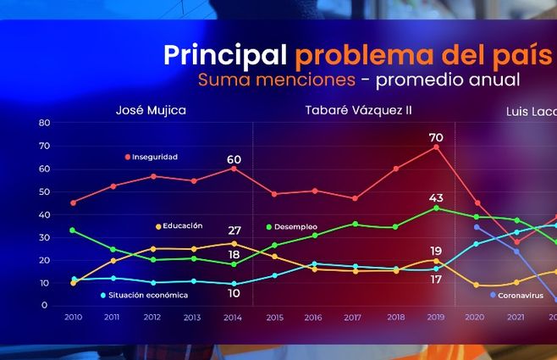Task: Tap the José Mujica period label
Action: tap(151, 110)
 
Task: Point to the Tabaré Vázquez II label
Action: tap(351, 110)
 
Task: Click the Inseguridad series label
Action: tap(155, 157)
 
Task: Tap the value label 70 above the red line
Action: tap(436, 137)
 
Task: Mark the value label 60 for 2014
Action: tap(234, 159)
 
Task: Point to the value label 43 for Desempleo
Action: tap(436, 198)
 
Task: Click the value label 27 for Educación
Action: tap(234, 230)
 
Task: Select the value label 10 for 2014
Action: tap(234, 293)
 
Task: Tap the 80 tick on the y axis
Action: tap(45, 123)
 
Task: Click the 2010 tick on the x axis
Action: tap(73, 317)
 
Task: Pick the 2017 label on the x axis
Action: tap(355, 317)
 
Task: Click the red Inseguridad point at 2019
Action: tap(436, 147)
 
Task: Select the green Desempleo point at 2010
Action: tap(73, 230)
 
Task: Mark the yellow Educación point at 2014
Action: tap(234, 243)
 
